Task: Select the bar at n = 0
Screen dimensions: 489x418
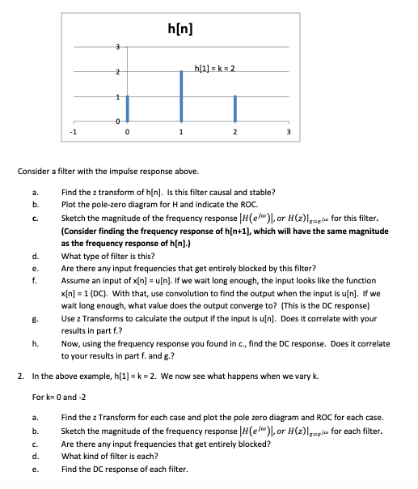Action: coord(127,108)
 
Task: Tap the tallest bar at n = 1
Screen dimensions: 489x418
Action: coord(181,96)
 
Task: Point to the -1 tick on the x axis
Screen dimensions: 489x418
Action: coord(73,133)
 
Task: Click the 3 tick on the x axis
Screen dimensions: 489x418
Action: coord(289,133)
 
